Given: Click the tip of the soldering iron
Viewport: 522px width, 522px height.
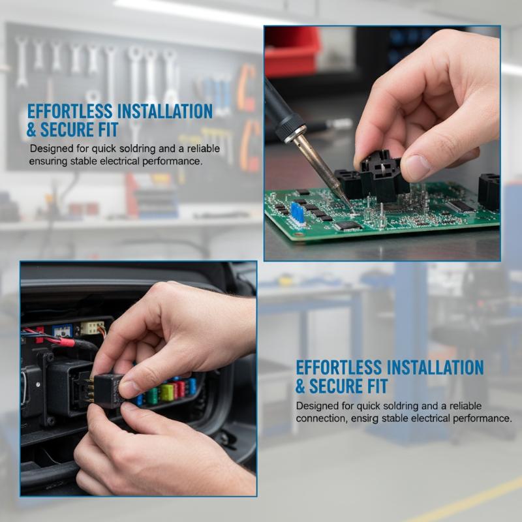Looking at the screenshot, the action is tap(351, 209).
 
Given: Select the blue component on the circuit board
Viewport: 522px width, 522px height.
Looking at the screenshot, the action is tap(298, 212).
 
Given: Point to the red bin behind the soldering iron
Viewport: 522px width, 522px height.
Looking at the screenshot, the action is tap(292, 52).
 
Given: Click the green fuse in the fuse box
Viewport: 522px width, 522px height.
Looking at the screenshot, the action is tap(153, 396).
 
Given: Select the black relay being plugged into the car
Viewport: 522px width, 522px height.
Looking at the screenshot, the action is tap(107, 390).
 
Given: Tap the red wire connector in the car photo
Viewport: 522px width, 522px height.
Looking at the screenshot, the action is tap(64, 342).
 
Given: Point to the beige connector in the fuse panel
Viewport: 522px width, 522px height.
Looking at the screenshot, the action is tap(92, 328).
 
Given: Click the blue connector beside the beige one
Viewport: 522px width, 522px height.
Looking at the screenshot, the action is tap(62, 331).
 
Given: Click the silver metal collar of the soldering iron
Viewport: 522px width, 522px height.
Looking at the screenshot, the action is tap(294, 133).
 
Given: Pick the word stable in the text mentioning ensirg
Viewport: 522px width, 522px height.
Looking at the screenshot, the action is tap(395, 418).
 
